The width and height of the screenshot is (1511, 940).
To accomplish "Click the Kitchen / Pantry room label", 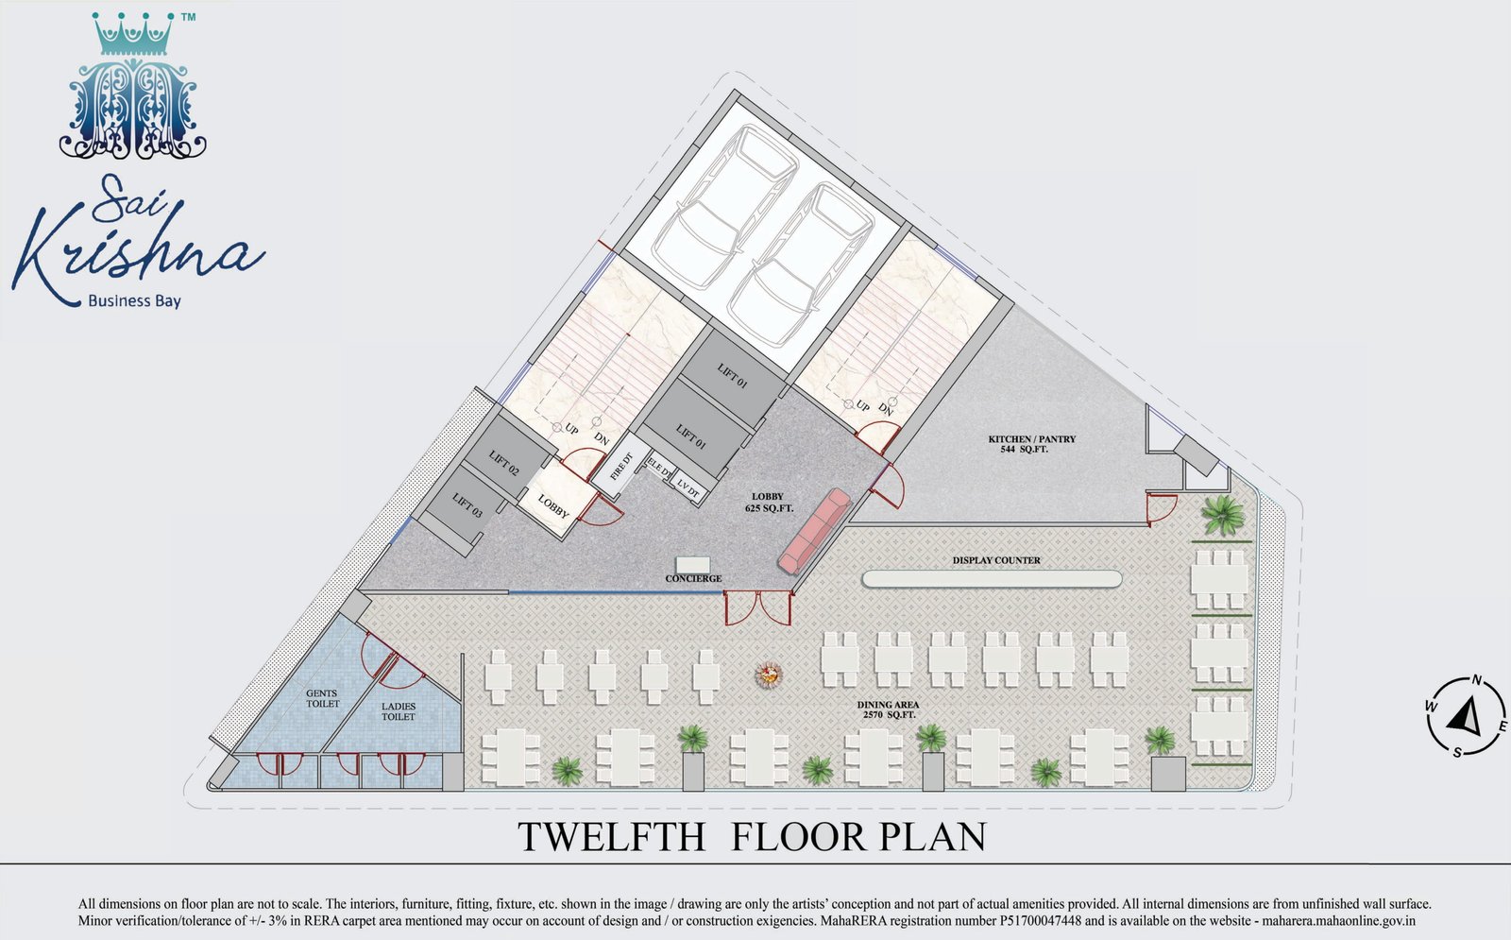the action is (x=1031, y=444).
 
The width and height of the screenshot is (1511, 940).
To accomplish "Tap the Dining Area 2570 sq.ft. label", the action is (x=888, y=709).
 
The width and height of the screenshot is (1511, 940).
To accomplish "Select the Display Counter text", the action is (x=996, y=560).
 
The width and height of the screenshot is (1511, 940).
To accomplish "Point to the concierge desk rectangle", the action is (x=693, y=565).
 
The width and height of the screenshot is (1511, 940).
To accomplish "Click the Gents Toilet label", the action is (x=322, y=698).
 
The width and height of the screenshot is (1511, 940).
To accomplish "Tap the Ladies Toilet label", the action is (x=398, y=712).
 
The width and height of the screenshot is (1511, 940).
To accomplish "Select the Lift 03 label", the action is (x=467, y=506).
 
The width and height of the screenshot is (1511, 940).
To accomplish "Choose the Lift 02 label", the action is (x=504, y=463).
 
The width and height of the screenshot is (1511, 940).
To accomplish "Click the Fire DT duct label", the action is (x=621, y=466).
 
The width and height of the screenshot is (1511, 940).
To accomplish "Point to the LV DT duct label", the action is (x=688, y=489).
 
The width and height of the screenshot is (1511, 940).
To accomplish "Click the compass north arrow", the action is (x=1464, y=717).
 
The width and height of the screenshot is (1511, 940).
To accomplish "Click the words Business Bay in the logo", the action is (x=135, y=301).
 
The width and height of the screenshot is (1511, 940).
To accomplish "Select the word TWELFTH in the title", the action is (x=611, y=837).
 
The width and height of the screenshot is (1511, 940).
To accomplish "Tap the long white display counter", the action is (x=992, y=579).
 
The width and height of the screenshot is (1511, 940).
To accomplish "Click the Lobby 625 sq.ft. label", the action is (x=769, y=502).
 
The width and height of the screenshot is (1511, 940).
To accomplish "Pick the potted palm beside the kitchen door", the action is (x=1223, y=515).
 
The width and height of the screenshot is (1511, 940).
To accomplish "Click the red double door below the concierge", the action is (x=757, y=608).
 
